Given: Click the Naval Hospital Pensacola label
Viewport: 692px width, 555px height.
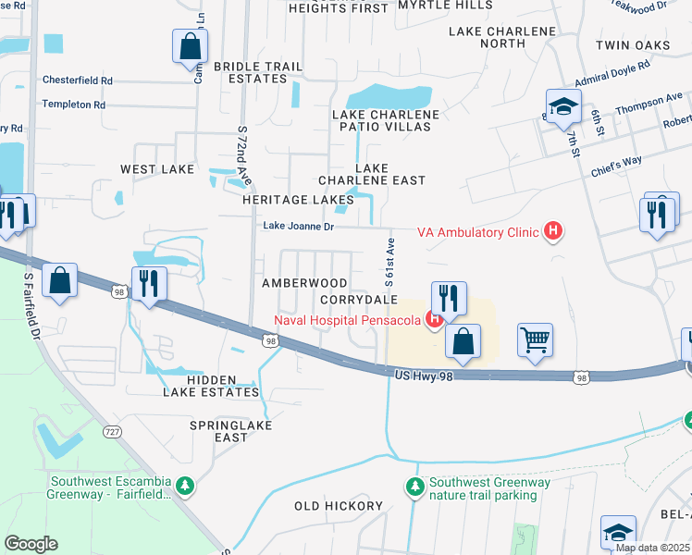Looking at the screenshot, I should pos(347,321).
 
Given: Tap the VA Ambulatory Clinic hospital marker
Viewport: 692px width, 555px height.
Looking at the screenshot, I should pos(553,231).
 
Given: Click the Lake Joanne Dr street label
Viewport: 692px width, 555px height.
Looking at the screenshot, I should pos(298,226).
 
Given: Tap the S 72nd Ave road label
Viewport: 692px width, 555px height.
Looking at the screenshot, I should pos(244,154).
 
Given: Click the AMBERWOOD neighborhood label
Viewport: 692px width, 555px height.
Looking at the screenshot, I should pos(304,282).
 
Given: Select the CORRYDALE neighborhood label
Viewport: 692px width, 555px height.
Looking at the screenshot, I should pos(358,301).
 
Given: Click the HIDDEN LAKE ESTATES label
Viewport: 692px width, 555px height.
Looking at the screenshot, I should pos(211,386).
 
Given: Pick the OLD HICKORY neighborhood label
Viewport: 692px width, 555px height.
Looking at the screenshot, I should pos(338,506).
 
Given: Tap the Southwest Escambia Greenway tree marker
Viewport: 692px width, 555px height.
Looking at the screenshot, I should pos(185,486).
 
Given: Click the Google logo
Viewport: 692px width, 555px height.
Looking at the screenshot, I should pos(31,544).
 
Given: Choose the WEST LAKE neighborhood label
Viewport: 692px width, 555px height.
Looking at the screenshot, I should pos(157,169).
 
